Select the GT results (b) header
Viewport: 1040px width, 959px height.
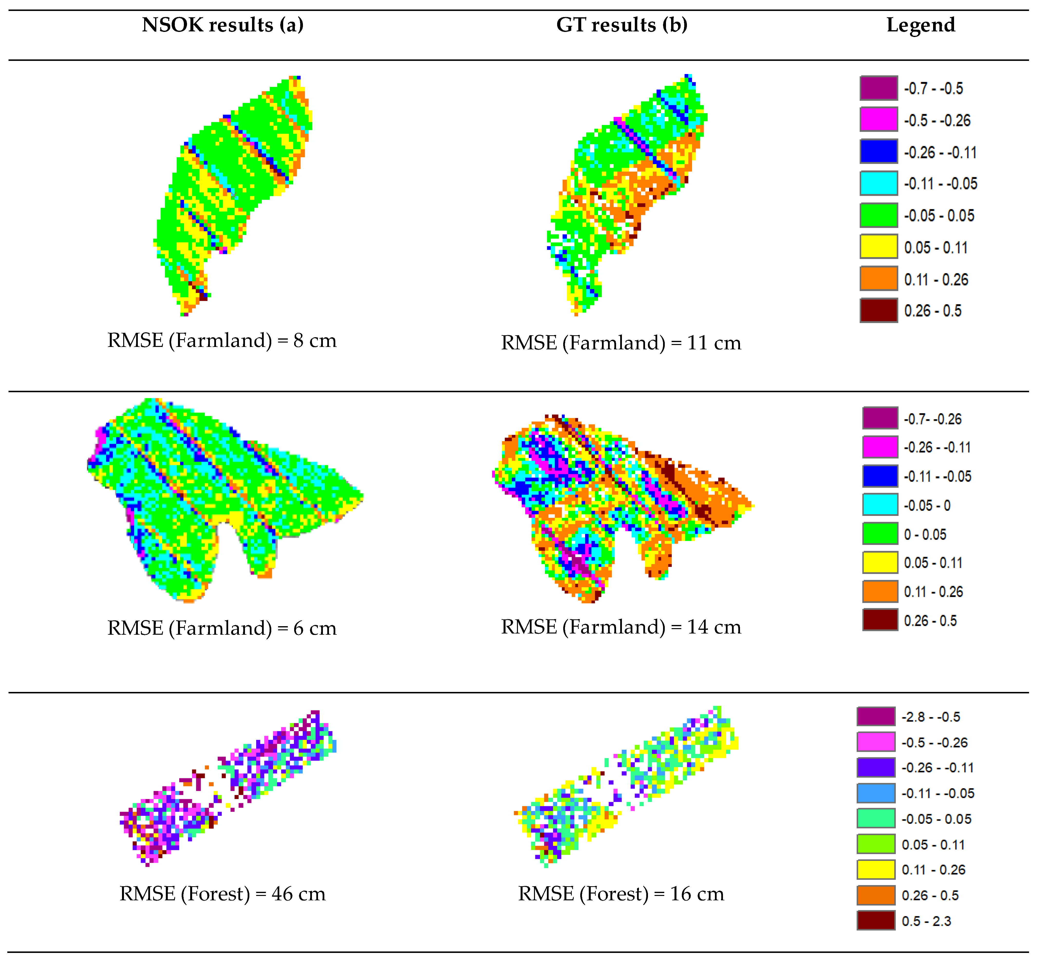point(622,25)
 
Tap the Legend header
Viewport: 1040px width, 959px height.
point(921,25)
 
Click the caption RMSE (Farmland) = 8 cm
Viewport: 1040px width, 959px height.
point(222,340)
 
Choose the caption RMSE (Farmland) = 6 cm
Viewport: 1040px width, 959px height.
point(222,628)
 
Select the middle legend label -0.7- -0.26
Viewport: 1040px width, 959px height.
point(933,419)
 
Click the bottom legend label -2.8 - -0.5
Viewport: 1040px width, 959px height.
point(930,717)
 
